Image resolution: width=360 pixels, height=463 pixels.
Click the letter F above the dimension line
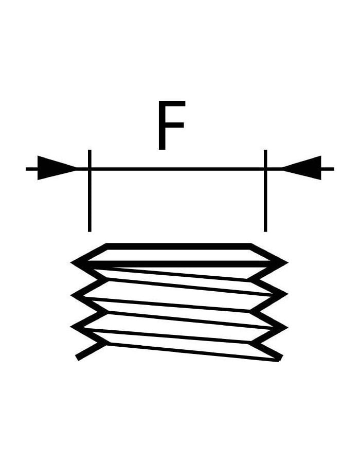click(171, 125)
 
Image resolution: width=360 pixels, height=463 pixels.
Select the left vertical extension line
click(89, 191)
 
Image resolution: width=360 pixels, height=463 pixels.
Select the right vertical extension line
click(265, 191)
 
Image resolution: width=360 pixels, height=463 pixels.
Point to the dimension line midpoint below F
click(177, 169)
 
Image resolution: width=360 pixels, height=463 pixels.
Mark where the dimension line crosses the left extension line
click(89, 169)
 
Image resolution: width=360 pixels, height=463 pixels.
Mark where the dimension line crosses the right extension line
click(265, 169)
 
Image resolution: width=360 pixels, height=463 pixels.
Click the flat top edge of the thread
click(178, 246)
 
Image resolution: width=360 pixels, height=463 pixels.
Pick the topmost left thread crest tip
click(71, 262)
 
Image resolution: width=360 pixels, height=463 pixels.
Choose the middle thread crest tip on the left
click(71, 295)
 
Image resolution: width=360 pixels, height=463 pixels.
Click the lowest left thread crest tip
click(71, 327)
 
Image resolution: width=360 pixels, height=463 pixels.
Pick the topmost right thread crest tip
click(287, 262)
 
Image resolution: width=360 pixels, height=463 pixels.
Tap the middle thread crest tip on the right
click(287, 294)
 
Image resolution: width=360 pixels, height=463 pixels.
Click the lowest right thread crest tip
click(287, 328)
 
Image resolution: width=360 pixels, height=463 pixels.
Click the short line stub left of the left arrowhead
click(31, 169)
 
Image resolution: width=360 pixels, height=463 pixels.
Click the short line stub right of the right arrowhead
click(328, 169)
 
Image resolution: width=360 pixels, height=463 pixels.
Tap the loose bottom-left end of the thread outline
click(77, 358)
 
